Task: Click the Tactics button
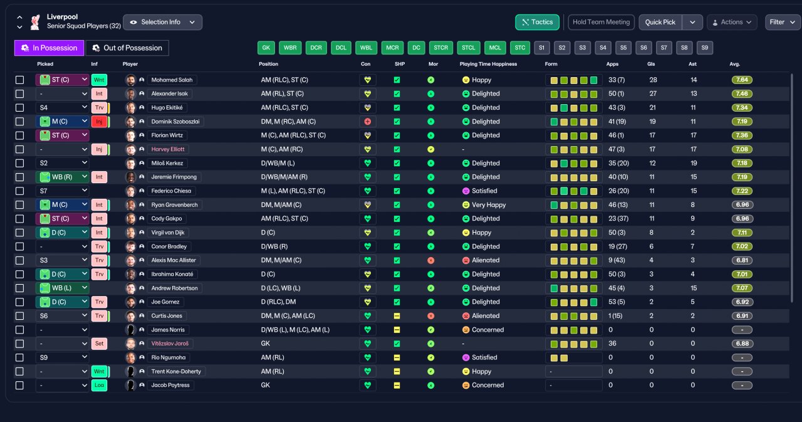[537, 22]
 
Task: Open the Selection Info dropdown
[162, 22]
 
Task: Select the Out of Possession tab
[127, 48]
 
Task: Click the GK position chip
[266, 48]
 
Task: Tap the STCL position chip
[468, 48]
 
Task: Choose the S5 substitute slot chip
[623, 48]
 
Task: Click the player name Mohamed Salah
[172, 80]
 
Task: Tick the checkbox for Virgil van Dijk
[19, 233]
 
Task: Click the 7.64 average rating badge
[742, 80]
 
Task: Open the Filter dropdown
[783, 22]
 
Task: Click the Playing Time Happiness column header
[488, 64]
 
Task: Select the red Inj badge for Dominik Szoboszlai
[99, 122]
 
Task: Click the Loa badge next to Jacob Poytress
[99, 386]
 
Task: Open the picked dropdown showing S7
[62, 191]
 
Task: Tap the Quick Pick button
[660, 22]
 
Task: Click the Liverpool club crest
[35, 22]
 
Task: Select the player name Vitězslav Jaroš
[170, 344]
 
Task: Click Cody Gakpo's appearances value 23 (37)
[618, 218]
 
